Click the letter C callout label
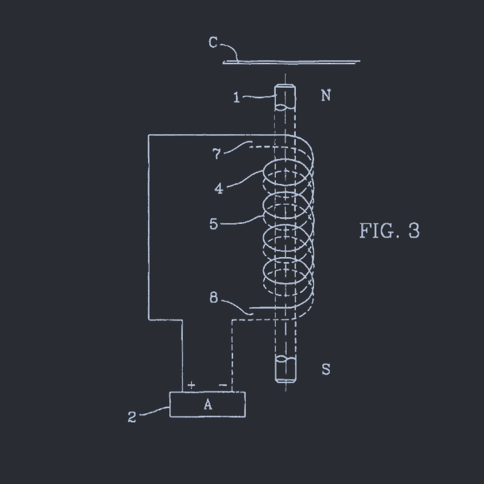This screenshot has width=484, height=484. (214, 42)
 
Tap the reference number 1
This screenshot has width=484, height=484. (237, 97)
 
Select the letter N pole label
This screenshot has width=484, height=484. (326, 96)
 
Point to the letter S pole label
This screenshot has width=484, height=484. (326, 369)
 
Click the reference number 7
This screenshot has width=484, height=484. (217, 154)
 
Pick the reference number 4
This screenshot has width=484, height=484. (219, 188)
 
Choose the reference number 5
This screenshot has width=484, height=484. (214, 224)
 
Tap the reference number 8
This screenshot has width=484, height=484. (214, 298)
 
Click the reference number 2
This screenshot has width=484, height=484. (132, 417)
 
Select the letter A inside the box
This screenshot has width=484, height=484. (208, 404)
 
